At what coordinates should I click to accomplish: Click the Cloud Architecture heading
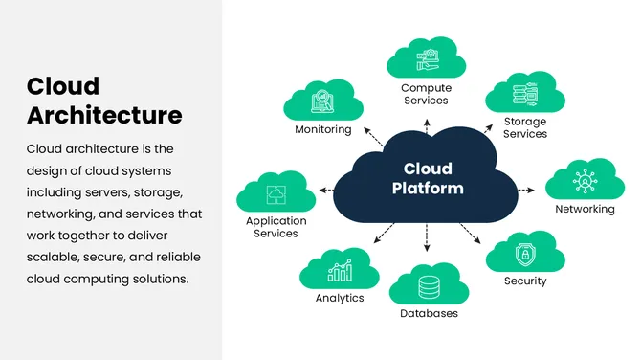[103, 101]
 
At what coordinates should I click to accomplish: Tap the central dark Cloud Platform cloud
[427, 177]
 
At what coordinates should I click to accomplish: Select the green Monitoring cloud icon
[323, 100]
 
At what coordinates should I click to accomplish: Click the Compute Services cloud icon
[426, 59]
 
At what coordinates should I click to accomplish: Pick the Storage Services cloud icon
[525, 94]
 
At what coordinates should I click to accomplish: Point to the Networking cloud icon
[585, 180]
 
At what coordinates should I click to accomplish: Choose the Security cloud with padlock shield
[524, 254]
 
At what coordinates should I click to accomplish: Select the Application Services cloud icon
[276, 192]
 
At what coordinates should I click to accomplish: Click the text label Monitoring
[323, 129]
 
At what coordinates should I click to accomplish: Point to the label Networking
[585, 209]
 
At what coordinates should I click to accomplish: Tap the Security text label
[525, 281]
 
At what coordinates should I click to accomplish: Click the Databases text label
[429, 313]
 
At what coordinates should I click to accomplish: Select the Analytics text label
[340, 298]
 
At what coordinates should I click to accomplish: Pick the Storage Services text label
[525, 127]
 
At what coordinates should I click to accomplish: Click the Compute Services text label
[426, 94]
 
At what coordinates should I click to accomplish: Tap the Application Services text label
[276, 227]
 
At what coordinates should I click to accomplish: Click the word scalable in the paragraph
[56, 257]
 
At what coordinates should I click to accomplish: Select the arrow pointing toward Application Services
[325, 190]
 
